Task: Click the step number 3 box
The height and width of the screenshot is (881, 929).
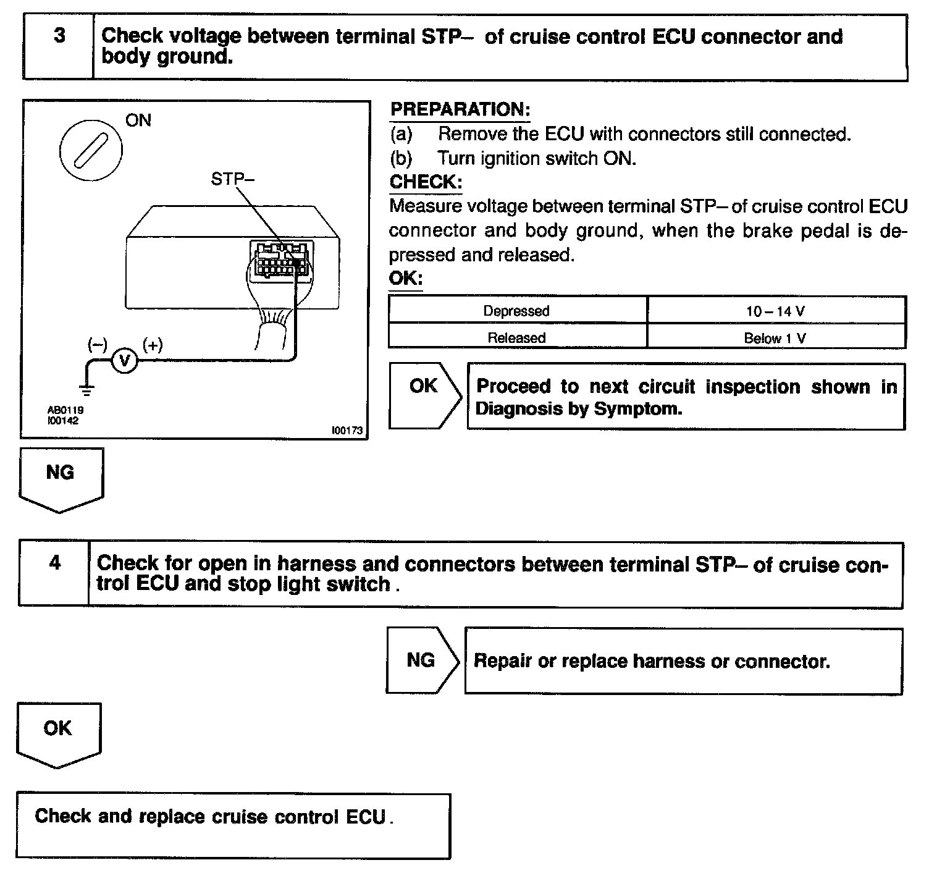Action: click(59, 47)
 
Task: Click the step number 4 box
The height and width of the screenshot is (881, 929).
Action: click(54, 574)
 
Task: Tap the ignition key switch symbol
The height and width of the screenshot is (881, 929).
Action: click(91, 150)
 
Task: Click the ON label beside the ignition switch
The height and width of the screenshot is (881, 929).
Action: click(138, 120)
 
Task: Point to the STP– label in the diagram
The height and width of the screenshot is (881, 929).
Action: click(232, 179)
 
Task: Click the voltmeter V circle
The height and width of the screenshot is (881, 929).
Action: click(125, 360)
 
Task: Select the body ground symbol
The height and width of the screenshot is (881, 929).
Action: click(87, 389)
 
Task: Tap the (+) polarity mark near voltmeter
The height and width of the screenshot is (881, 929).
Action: click(153, 345)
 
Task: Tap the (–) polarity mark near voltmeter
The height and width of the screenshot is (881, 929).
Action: click(97, 345)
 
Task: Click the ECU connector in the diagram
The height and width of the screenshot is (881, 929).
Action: click(279, 261)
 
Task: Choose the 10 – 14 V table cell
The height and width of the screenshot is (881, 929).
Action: click(776, 311)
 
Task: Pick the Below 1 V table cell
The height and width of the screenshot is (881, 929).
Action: click(776, 338)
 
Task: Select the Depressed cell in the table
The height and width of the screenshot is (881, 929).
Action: click(516, 311)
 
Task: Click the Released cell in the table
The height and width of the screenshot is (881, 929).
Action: click(516, 338)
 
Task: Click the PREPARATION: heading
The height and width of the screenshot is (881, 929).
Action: click(460, 110)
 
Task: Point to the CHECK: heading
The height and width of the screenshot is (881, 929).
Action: click(426, 182)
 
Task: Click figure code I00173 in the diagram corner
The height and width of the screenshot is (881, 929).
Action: click(347, 431)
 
